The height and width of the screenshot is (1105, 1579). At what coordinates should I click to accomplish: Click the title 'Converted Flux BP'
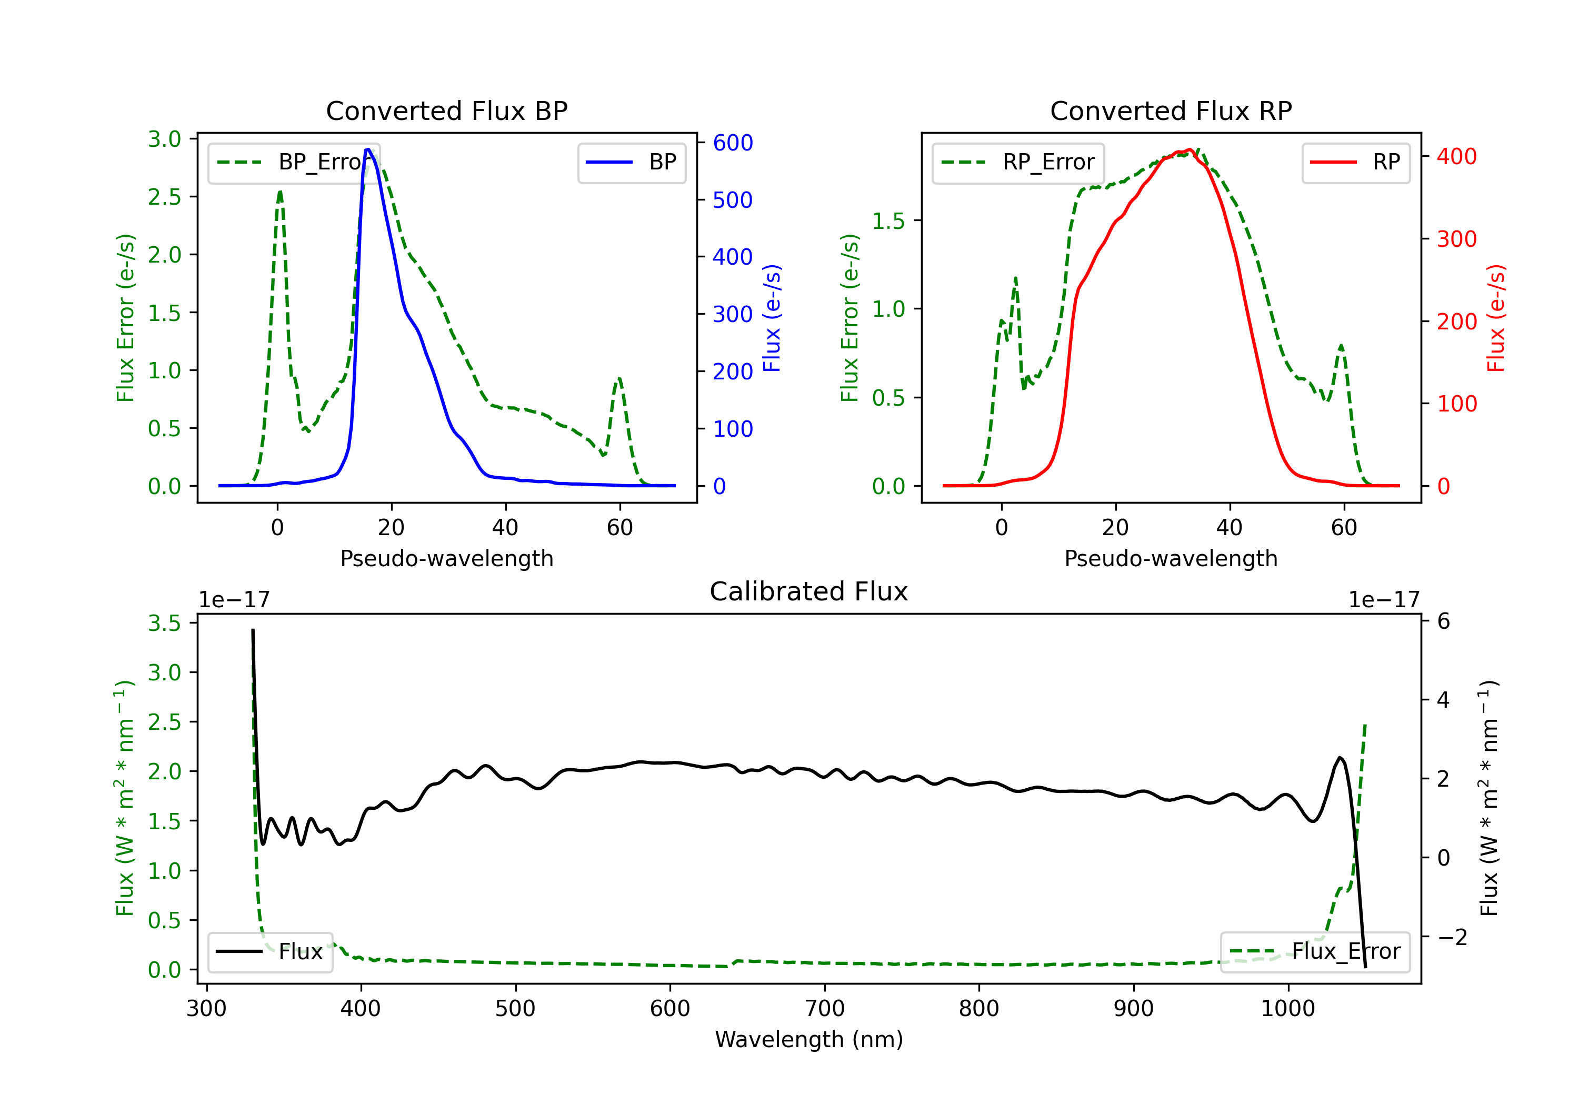tap(446, 110)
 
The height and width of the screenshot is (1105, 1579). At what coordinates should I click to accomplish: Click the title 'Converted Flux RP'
tap(1171, 110)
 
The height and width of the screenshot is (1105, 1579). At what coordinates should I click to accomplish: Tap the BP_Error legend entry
tap(294, 162)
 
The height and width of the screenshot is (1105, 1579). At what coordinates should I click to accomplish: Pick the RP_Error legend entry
tap(1018, 162)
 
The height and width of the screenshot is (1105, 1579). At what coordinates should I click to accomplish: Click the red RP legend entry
tap(1355, 162)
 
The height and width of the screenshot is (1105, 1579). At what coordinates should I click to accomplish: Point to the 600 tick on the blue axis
tap(733, 143)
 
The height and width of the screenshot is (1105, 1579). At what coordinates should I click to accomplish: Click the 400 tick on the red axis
tap(1456, 157)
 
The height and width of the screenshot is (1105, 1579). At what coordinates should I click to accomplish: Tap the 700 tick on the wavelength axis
tap(825, 1009)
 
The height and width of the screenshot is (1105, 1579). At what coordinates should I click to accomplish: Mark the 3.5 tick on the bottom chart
tap(164, 623)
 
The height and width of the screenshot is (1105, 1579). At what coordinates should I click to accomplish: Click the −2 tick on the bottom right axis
tap(1452, 937)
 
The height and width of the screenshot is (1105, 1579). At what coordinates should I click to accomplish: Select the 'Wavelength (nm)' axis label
tap(809, 1039)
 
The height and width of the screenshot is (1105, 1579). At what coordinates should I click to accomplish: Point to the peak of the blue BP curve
tap(368, 149)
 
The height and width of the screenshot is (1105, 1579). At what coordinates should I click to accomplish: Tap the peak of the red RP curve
tap(1189, 150)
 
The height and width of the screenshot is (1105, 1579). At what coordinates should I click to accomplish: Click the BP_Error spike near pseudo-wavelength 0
tap(280, 192)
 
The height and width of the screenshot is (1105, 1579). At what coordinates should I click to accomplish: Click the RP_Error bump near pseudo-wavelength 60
tap(1341, 346)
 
